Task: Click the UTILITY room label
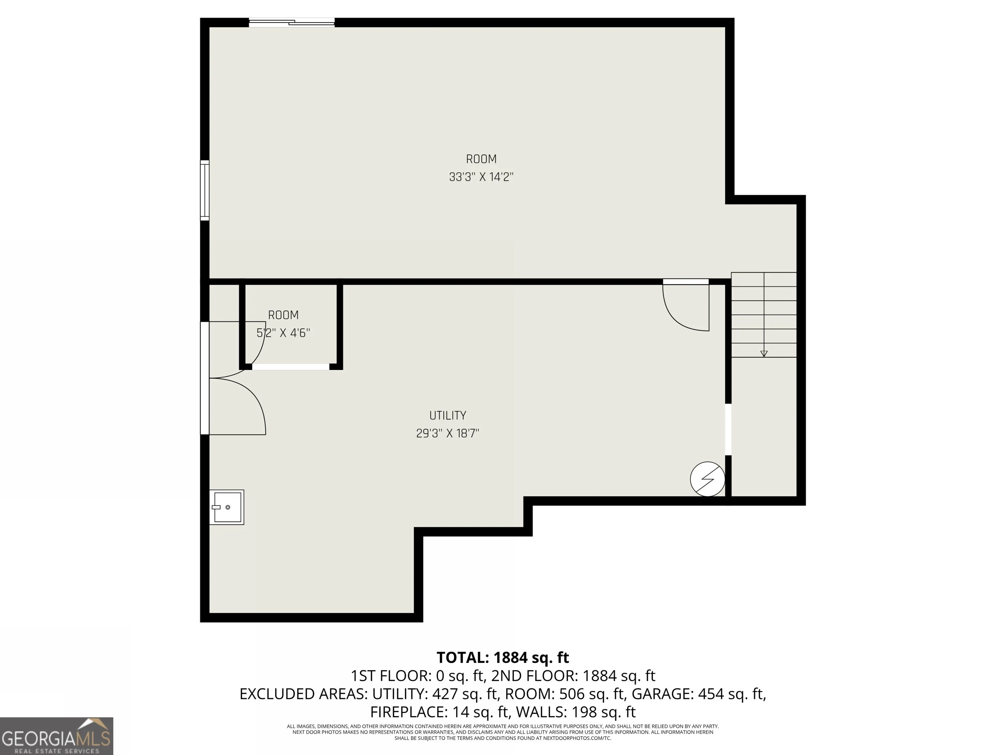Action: click(x=448, y=415)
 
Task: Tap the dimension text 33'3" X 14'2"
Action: click(x=481, y=177)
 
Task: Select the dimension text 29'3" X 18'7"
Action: click(x=448, y=433)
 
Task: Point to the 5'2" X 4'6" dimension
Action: click(x=283, y=333)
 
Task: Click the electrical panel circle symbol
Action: click(x=707, y=479)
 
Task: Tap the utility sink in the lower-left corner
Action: click(x=227, y=507)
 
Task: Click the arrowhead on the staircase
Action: click(x=764, y=354)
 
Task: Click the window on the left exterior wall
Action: click(x=205, y=190)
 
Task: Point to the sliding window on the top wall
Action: click(x=291, y=22)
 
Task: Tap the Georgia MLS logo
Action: click(x=56, y=736)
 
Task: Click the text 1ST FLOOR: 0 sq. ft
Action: click(x=417, y=676)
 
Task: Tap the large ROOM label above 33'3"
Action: click(x=481, y=159)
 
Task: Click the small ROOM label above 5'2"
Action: click(x=283, y=315)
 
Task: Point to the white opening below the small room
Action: click(x=290, y=367)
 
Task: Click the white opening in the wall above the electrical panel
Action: click(x=728, y=429)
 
